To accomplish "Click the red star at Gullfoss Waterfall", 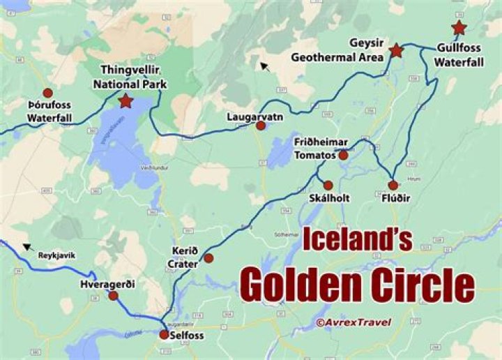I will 459,28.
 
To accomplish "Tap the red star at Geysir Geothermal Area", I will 396,50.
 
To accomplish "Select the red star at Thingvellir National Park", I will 125,102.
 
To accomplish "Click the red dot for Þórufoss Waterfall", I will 47,93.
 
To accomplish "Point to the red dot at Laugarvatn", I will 261,126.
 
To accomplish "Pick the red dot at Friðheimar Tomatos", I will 343,155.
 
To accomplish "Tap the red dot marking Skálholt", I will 328,186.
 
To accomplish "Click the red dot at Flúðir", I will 393,186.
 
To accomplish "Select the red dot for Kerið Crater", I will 208,258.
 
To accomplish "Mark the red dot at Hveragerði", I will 113,296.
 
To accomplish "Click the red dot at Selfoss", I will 164,335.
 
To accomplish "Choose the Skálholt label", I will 328,198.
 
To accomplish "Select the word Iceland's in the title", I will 356,239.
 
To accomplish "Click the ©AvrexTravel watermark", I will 353,322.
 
